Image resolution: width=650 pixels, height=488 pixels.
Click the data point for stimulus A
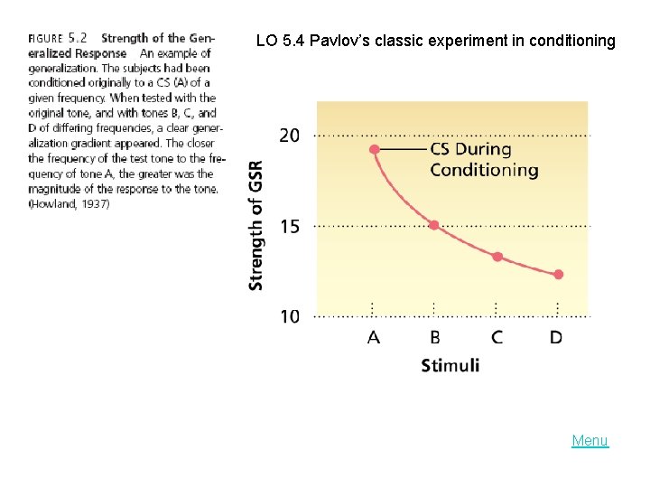pyautogui.click(x=374, y=149)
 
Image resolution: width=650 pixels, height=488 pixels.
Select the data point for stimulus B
pyautogui.click(x=434, y=225)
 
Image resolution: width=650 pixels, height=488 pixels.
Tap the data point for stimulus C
pyautogui.click(x=497, y=257)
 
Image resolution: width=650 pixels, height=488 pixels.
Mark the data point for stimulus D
pyautogui.click(x=558, y=275)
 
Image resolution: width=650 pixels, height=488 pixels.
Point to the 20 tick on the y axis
pyautogui.click(x=289, y=136)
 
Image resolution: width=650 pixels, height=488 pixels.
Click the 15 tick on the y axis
pyautogui.click(x=289, y=226)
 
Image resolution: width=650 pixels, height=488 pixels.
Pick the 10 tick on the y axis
pyautogui.click(x=289, y=316)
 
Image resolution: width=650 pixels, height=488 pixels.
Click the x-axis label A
pyautogui.click(x=374, y=337)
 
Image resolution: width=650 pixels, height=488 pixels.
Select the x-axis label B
pyautogui.click(x=434, y=337)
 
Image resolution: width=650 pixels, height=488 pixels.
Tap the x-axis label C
pyautogui.click(x=497, y=337)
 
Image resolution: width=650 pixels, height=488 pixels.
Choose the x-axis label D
pyautogui.click(x=557, y=337)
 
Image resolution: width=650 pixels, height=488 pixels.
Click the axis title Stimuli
pyautogui.click(x=450, y=365)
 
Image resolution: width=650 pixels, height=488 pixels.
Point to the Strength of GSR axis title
pyautogui.click(x=255, y=226)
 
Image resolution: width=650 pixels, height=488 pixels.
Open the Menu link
pyautogui.click(x=590, y=441)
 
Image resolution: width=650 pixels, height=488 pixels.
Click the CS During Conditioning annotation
pyautogui.click(x=483, y=160)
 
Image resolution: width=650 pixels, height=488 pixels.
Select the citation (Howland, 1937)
pyautogui.click(x=69, y=204)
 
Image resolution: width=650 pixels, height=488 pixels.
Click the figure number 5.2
pyautogui.click(x=78, y=38)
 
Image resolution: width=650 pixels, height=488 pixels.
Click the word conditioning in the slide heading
pyautogui.click(x=572, y=41)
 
